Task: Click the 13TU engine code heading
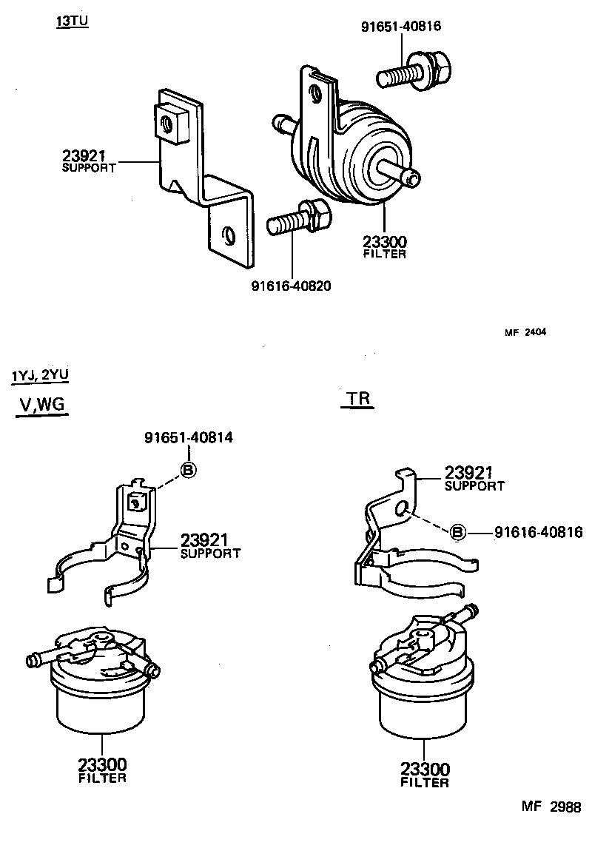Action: [72, 21]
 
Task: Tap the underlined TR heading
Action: [357, 399]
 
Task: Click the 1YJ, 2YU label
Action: [40, 375]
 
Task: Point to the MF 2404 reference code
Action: [525, 332]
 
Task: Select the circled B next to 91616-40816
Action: [458, 531]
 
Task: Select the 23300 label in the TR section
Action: [425, 769]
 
